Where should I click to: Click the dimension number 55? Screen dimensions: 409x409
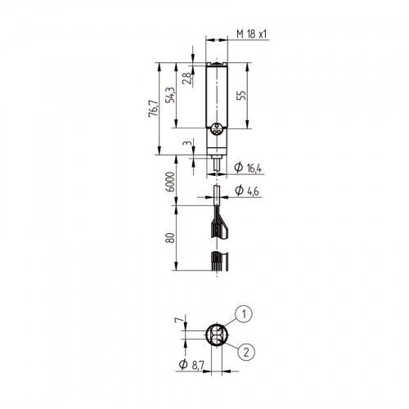[241, 95]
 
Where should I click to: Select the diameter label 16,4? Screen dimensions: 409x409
[249, 169]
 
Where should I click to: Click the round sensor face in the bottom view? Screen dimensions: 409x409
[217, 335]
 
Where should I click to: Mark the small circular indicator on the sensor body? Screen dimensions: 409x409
[217, 128]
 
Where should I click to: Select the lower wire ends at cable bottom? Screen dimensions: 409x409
[217, 263]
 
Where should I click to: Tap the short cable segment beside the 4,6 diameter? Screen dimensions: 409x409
[217, 192]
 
